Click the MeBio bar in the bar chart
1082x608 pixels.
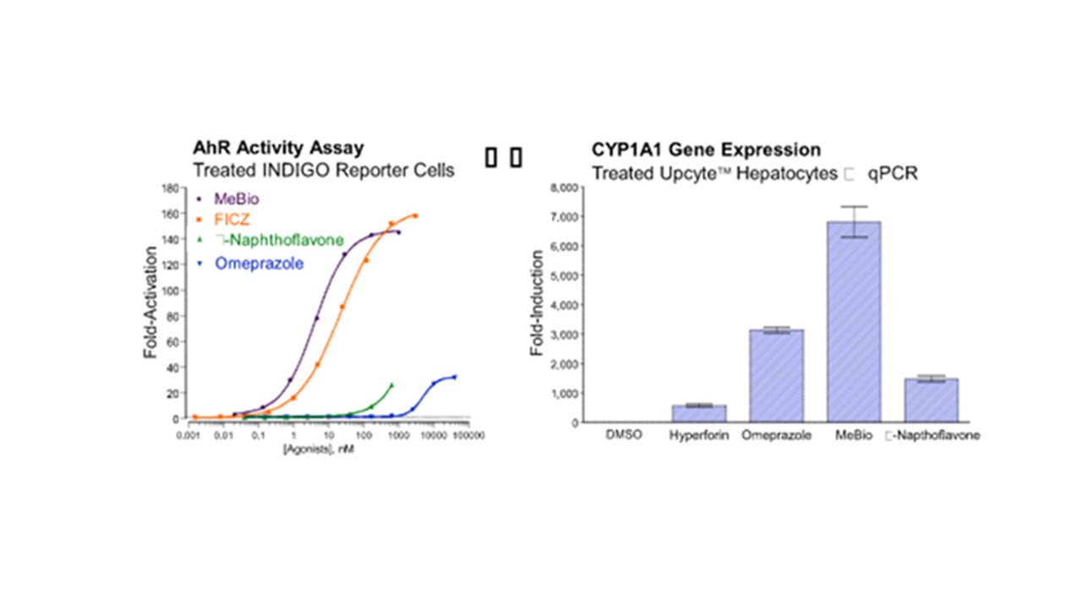[854, 321]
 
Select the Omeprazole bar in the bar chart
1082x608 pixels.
[776, 376]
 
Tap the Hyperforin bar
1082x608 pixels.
[698, 413]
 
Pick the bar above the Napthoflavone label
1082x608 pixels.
[931, 400]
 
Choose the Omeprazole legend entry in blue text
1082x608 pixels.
[259, 263]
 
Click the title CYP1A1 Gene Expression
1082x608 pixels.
[706, 149]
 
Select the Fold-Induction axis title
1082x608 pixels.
[537, 307]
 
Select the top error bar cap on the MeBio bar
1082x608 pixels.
[854, 207]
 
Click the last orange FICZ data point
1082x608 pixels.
[415, 216]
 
